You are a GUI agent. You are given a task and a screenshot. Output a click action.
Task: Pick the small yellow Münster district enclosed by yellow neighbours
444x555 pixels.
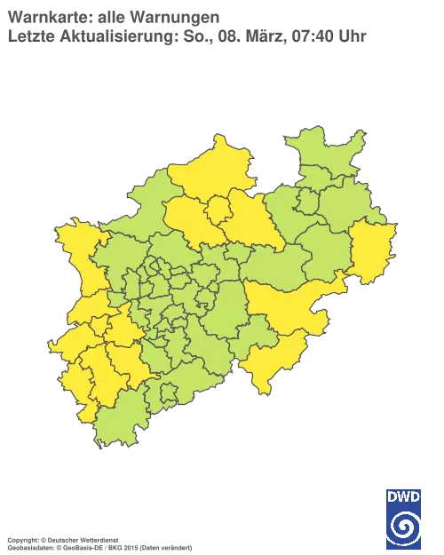pyautogui.click(x=218, y=210)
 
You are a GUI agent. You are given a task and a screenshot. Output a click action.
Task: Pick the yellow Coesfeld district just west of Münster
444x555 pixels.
pyautogui.click(x=186, y=218)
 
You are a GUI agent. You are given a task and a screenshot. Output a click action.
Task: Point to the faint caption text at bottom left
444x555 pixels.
pyautogui.click(x=98, y=539)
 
